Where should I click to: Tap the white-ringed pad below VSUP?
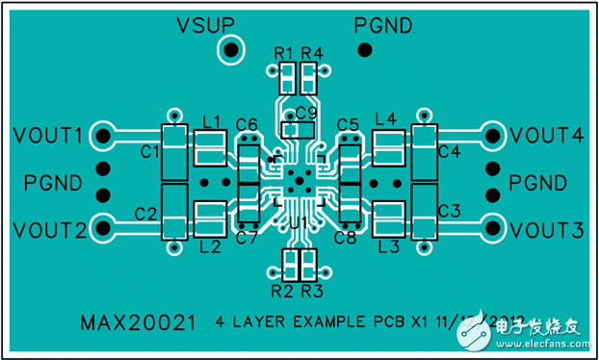click(x=231, y=50)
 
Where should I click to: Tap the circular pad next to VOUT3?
click(x=492, y=228)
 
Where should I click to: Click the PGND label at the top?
click(x=382, y=24)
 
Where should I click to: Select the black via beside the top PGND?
click(x=364, y=50)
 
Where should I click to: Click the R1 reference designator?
click(x=283, y=52)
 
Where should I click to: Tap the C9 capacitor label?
click(x=306, y=113)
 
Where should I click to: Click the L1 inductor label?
click(x=212, y=120)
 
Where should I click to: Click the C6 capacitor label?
click(x=246, y=124)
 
